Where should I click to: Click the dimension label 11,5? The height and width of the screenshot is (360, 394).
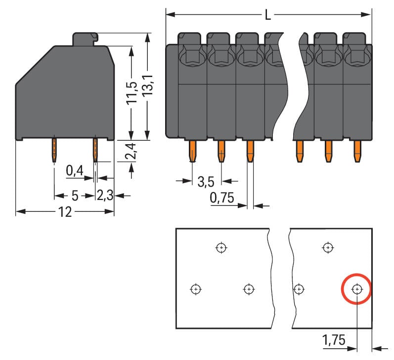point(131,93)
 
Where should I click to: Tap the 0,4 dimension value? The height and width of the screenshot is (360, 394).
point(75,171)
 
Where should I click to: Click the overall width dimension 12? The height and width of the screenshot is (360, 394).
point(65,212)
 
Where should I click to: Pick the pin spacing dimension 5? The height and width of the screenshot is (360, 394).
point(75,196)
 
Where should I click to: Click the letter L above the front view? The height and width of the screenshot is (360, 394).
point(268,15)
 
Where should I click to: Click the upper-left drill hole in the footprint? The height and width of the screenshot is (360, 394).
point(221,247)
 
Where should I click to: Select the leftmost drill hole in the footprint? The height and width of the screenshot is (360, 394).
point(196,289)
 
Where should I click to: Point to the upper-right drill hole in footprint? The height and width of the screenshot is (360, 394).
point(327,247)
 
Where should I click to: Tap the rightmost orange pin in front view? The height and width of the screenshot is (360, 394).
point(356,151)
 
